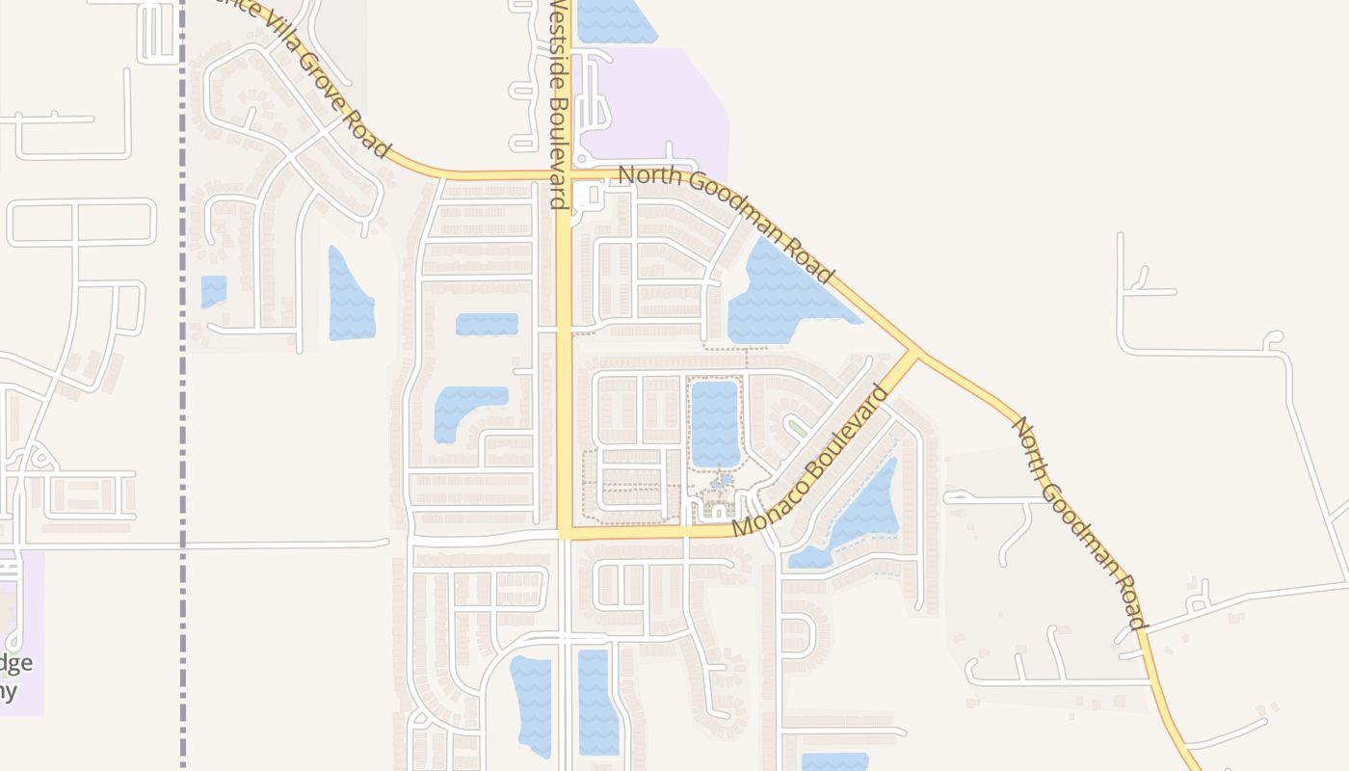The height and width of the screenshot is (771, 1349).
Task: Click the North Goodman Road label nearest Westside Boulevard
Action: pyautogui.click(x=727, y=225)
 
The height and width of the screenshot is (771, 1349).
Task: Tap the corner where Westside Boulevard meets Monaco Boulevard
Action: pyautogui.click(x=566, y=531)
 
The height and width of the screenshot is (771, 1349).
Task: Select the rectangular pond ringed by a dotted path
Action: pyautogui.click(x=714, y=422)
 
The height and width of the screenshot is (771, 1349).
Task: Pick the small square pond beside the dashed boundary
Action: pyautogui.click(x=213, y=290)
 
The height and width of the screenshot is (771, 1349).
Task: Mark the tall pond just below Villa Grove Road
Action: pyautogui.click(x=349, y=297)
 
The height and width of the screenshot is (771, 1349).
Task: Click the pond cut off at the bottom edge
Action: pyautogui.click(x=834, y=761)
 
